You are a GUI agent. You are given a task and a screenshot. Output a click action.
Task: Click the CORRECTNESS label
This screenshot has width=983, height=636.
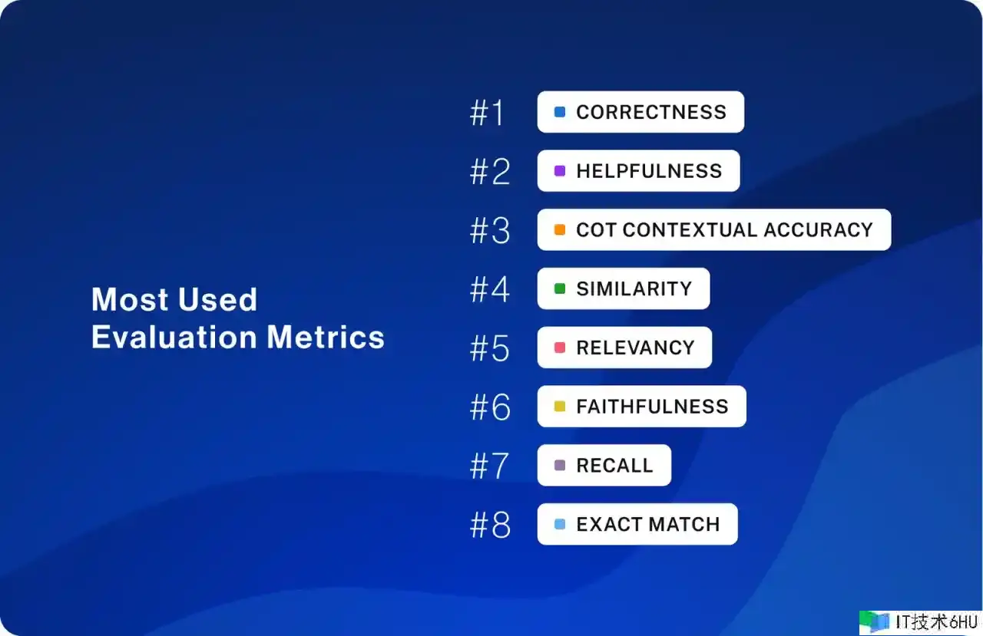click(x=651, y=112)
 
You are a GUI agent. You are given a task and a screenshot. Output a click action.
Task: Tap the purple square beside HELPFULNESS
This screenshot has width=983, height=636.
click(x=560, y=170)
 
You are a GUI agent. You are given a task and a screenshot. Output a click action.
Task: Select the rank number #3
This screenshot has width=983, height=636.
click(x=490, y=230)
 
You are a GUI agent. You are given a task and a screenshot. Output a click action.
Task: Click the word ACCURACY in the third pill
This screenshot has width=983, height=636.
click(x=819, y=229)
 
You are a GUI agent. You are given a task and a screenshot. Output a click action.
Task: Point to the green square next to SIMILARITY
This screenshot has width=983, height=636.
click(x=560, y=288)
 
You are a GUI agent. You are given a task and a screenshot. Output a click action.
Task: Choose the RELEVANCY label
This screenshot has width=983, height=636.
click(x=635, y=348)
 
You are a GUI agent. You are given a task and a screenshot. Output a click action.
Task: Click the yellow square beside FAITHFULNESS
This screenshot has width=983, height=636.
click(x=560, y=407)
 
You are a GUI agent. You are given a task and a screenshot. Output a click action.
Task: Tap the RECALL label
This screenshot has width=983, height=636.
click(x=615, y=466)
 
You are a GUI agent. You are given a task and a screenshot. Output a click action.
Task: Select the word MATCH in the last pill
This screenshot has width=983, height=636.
click(x=684, y=524)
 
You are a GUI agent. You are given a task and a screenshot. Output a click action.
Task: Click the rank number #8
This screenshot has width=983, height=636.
click(x=490, y=525)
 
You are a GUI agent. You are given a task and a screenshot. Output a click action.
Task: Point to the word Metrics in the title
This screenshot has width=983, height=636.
click(x=326, y=337)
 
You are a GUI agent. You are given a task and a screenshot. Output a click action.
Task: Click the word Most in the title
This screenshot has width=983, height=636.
click(x=130, y=299)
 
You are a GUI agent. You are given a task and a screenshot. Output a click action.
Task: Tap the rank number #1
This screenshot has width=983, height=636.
click(x=487, y=113)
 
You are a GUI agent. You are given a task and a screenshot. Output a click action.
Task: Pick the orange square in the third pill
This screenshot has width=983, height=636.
click(x=560, y=229)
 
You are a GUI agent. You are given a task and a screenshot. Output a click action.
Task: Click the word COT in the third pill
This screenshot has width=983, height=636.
click(x=596, y=229)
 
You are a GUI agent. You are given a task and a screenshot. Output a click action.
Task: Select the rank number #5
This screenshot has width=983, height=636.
click(x=490, y=348)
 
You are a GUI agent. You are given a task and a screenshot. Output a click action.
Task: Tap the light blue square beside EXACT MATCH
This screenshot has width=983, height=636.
click(x=560, y=524)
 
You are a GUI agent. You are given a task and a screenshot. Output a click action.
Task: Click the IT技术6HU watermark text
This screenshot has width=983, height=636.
click(x=936, y=622)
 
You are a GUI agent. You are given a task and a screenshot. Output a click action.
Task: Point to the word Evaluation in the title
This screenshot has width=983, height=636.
click(x=174, y=337)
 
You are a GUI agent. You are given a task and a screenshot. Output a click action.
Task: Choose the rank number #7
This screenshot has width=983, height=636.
click(x=489, y=466)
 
